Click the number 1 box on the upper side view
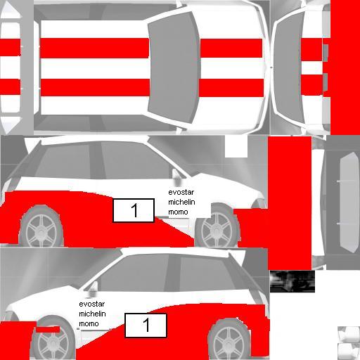tap(134, 210)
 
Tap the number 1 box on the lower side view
tap(146, 326)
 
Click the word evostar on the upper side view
tap(181, 192)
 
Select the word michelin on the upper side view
tap(181, 202)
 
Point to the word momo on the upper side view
tap(178, 212)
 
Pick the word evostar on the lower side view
tap(92, 304)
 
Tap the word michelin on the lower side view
tap(92, 314)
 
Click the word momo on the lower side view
tap(89, 323)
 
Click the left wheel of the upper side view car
tap(41, 227)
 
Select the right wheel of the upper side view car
tap(217, 227)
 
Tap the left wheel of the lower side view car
tap(53, 339)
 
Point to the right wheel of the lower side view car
tap(229, 340)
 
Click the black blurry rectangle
tap(292, 281)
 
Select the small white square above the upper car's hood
tap(236, 147)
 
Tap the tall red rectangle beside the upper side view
tap(290, 203)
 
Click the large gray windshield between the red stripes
tap(174, 67)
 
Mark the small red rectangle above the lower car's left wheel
tap(48, 329)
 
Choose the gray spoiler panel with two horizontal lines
tap(349, 202)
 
